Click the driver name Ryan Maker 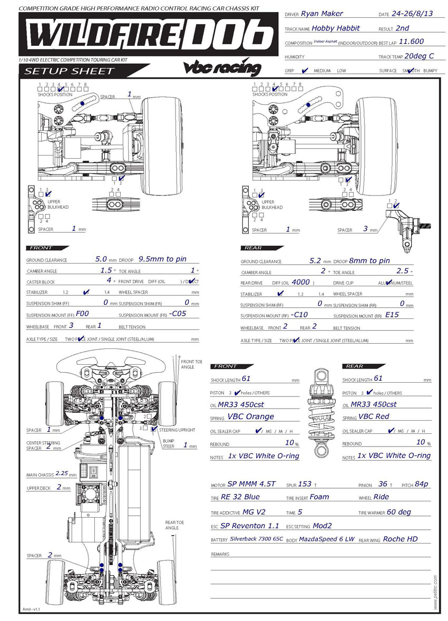322,14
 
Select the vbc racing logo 222,67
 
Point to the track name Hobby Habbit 336,28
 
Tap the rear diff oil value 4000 300,282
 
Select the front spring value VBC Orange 250,416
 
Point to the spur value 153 305,483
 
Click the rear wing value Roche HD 400,539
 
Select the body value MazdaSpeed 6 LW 327,540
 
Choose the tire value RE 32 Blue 240,497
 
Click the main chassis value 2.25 62,474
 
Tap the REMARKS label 220,555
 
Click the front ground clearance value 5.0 101,259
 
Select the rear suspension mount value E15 393,315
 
